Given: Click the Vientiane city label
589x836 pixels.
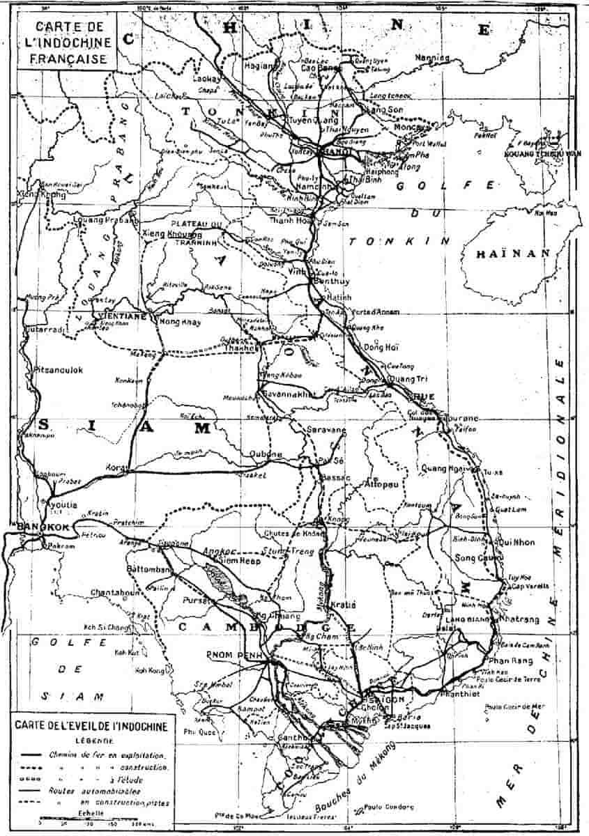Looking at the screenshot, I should (122, 316).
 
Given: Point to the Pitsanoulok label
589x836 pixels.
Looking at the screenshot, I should (59, 371).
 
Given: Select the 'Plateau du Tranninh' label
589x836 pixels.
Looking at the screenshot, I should (197, 228).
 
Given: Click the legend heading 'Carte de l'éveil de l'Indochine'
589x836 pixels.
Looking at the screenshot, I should (89, 728).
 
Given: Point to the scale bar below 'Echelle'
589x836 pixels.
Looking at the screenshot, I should (91, 821).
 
